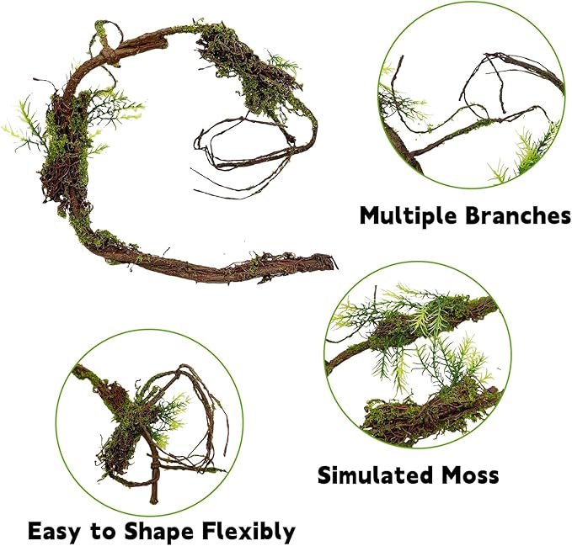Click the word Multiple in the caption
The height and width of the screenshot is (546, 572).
409,215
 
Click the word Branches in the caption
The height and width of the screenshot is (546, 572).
517,215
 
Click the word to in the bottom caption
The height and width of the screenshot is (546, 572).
115,532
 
